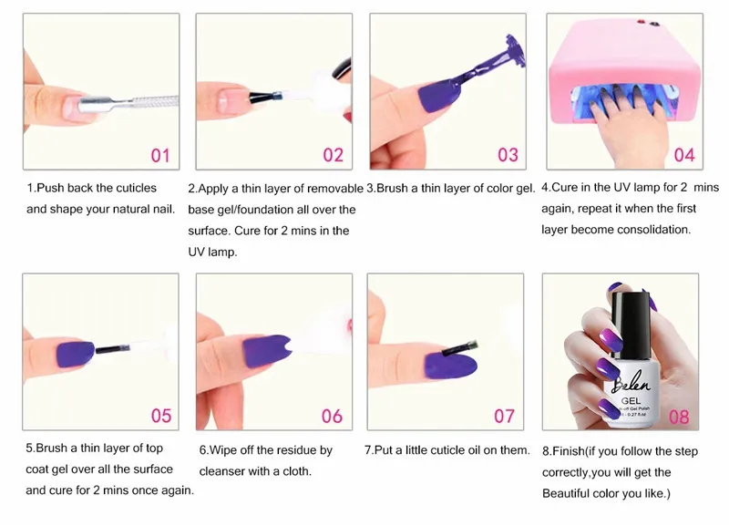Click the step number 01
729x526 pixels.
point(160,155)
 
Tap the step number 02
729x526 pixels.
point(334,155)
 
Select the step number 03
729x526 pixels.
point(508,155)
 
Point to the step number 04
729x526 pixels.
point(684,155)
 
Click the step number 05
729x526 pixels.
point(161,416)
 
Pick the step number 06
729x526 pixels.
point(332,417)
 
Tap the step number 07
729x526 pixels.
point(505,417)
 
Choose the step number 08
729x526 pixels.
point(679,418)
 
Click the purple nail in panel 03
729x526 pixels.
point(438,96)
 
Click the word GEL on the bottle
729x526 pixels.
point(631,400)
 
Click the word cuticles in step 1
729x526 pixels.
point(136,188)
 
